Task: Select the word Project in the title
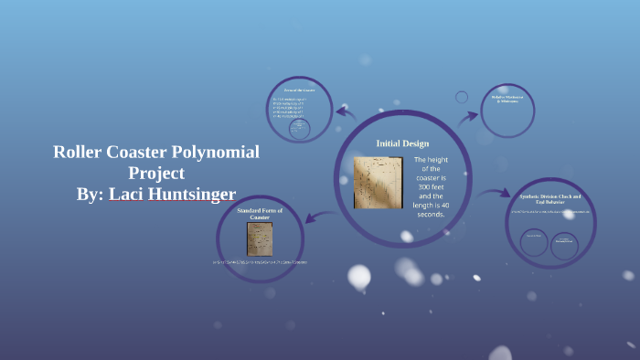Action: tap(156, 173)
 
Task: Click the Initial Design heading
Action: tap(402, 143)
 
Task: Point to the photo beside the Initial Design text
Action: tap(377, 182)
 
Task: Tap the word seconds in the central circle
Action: tap(429, 215)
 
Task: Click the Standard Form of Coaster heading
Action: tap(260, 214)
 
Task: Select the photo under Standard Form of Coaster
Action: tap(259, 238)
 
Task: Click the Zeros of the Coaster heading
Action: tap(299, 90)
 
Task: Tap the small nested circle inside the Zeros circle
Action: tap(299, 129)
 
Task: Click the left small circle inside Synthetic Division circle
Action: tap(534, 242)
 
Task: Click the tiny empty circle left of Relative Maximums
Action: tap(462, 97)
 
